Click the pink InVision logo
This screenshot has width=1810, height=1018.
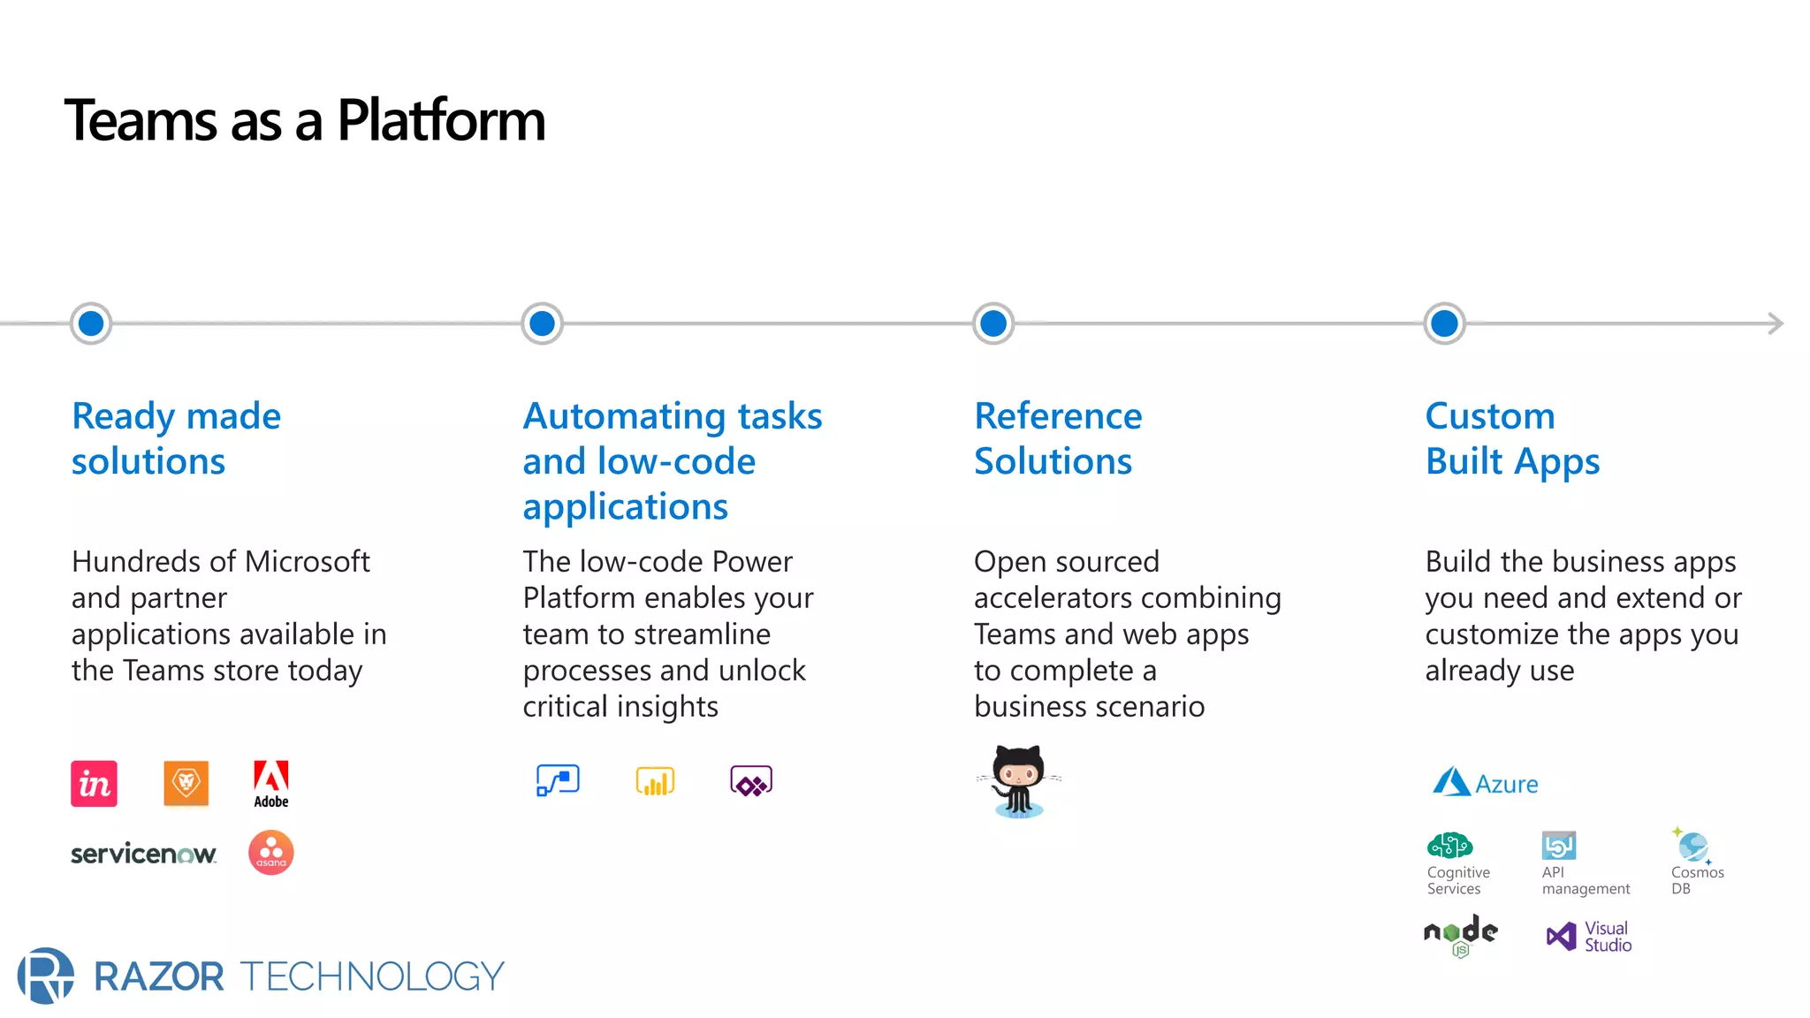[x=94, y=784]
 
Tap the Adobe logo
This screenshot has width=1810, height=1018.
[x=270, y=783]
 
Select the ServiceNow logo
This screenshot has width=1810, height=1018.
[x=143, y=854]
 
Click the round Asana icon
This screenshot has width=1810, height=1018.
[x=271, y=853]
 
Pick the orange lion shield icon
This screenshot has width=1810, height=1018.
[x=186, y=783]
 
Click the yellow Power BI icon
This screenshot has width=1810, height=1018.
[x=655, y=781]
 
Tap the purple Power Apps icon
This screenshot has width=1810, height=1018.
[x=751, y=781]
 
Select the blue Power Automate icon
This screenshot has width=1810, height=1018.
[x=558, y=781]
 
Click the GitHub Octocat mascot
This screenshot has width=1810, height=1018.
[x=1019, y=780]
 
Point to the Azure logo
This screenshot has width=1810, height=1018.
[x=1485, y=783]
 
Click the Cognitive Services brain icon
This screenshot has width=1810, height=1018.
[x=1449, y=846]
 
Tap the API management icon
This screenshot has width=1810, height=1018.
[x=1558, y=846]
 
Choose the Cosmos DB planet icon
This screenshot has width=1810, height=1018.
[x=1692, y=846]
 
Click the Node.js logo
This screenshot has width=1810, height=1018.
[x=1460, y=935]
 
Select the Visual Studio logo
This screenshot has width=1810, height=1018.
[x=1588, y=936]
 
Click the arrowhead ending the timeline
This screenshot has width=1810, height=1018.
[x=1776, y=323]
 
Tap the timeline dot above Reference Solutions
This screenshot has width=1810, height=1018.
[x=993, y=323]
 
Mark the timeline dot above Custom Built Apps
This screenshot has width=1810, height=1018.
[x=1444, y=323]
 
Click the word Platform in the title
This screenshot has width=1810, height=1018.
[x=441, y=121]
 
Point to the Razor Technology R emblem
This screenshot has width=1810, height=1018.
[x=45, y=976]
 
